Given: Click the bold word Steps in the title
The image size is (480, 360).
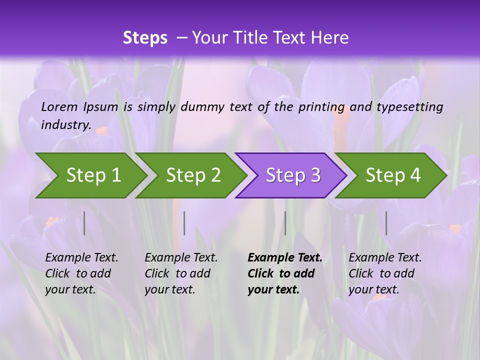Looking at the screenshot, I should (x=145, y=38).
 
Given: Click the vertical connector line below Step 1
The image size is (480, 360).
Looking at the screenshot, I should (x=84, y=223).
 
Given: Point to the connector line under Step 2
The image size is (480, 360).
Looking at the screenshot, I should (x=184, y=223).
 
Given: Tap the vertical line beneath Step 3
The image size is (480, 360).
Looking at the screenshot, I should (x=285, y=223).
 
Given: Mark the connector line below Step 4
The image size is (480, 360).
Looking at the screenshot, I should (x=386, y=223).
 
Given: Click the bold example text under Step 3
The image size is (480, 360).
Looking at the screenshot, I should (x=284, y=273).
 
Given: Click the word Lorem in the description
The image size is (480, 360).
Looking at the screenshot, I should (x=59, y=106).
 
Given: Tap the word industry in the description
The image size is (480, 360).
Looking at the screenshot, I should (x=66, y=124).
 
